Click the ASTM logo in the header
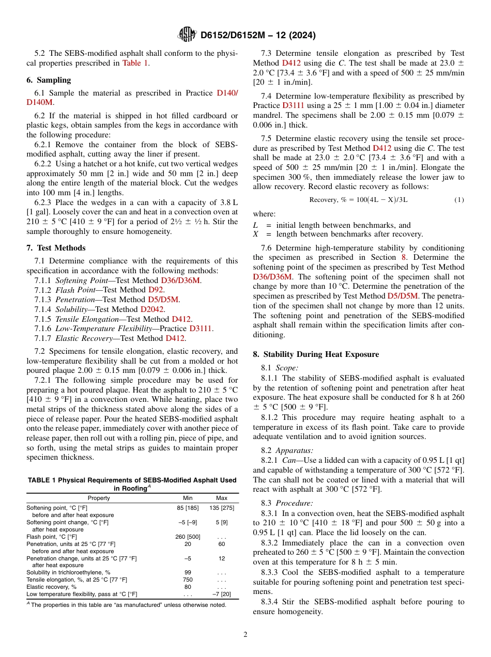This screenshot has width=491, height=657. coord(187,35)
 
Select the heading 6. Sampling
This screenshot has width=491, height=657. coord(49,80)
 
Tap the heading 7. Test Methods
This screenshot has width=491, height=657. coord(56,248)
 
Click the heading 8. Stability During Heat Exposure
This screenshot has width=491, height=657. coord(316,354)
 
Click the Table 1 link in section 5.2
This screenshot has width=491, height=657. coord(135,63)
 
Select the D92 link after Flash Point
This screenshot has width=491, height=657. coord(156,290)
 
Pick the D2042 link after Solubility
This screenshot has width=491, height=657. coord(152,309)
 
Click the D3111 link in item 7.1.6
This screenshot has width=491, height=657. coord(201,328)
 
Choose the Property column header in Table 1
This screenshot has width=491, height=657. coord(99,498)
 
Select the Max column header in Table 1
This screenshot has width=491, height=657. coord(222,498)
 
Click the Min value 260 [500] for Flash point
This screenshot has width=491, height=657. coord(188,537)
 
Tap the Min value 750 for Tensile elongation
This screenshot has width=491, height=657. coord(188,580)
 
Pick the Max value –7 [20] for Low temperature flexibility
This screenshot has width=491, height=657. coord(222,594)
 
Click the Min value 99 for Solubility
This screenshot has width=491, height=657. coord(188,572)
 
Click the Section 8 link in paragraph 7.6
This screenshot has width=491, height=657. coord(404,257)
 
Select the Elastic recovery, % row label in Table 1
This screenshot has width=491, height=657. coord(52,587)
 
